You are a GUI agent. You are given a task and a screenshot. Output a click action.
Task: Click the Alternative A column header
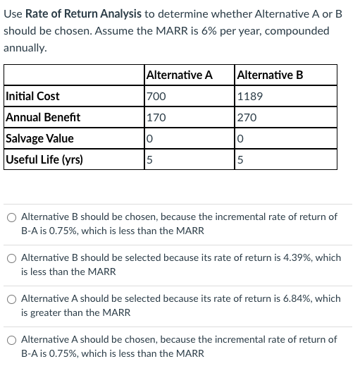pyautogui.click(x=179, y=75)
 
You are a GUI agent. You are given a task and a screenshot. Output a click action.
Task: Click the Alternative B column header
pyautogui.click(x=271, y=75)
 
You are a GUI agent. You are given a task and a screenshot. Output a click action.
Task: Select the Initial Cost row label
pyautogui.click(x=32, y=96)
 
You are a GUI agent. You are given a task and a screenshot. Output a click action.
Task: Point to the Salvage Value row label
pyautogui.click(x=39, y=138)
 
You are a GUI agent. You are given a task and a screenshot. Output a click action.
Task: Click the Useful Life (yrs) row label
pyautogui.click(x=44, y=159)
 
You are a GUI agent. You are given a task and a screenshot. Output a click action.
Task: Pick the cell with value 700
pyautogui.click(x=155, y=96)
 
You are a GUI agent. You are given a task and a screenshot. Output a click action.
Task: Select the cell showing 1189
pyautogui.click(x=250, y=96)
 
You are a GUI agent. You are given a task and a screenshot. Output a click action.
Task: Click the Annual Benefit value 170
pyautogui.click(x=155, y=117)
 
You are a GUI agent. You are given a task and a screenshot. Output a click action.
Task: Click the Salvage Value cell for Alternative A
pyautogui.click(x=149, y=138)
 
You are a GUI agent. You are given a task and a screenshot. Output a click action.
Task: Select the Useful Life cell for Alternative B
pyautogui.click(x=241, y=159)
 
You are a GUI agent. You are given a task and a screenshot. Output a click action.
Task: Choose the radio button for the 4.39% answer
pyautogui.click(x=12, y=258)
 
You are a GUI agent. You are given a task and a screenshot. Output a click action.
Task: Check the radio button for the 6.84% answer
pyautogui.click(x=12, y=299)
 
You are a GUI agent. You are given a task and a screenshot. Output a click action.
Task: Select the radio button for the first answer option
pyautogui.click(x=12, y=217)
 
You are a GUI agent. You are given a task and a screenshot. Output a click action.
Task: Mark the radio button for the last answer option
pyautogui.click(x=12, y=340)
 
